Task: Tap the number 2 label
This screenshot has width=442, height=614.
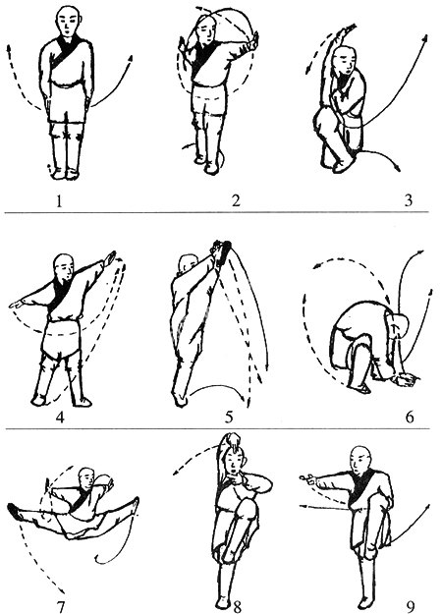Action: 235,201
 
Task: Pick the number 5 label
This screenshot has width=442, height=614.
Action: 229,417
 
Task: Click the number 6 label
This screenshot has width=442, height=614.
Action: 403,417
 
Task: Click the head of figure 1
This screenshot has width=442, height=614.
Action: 66,20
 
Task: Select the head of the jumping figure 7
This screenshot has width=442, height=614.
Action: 86,478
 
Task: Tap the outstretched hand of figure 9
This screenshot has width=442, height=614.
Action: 306,480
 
